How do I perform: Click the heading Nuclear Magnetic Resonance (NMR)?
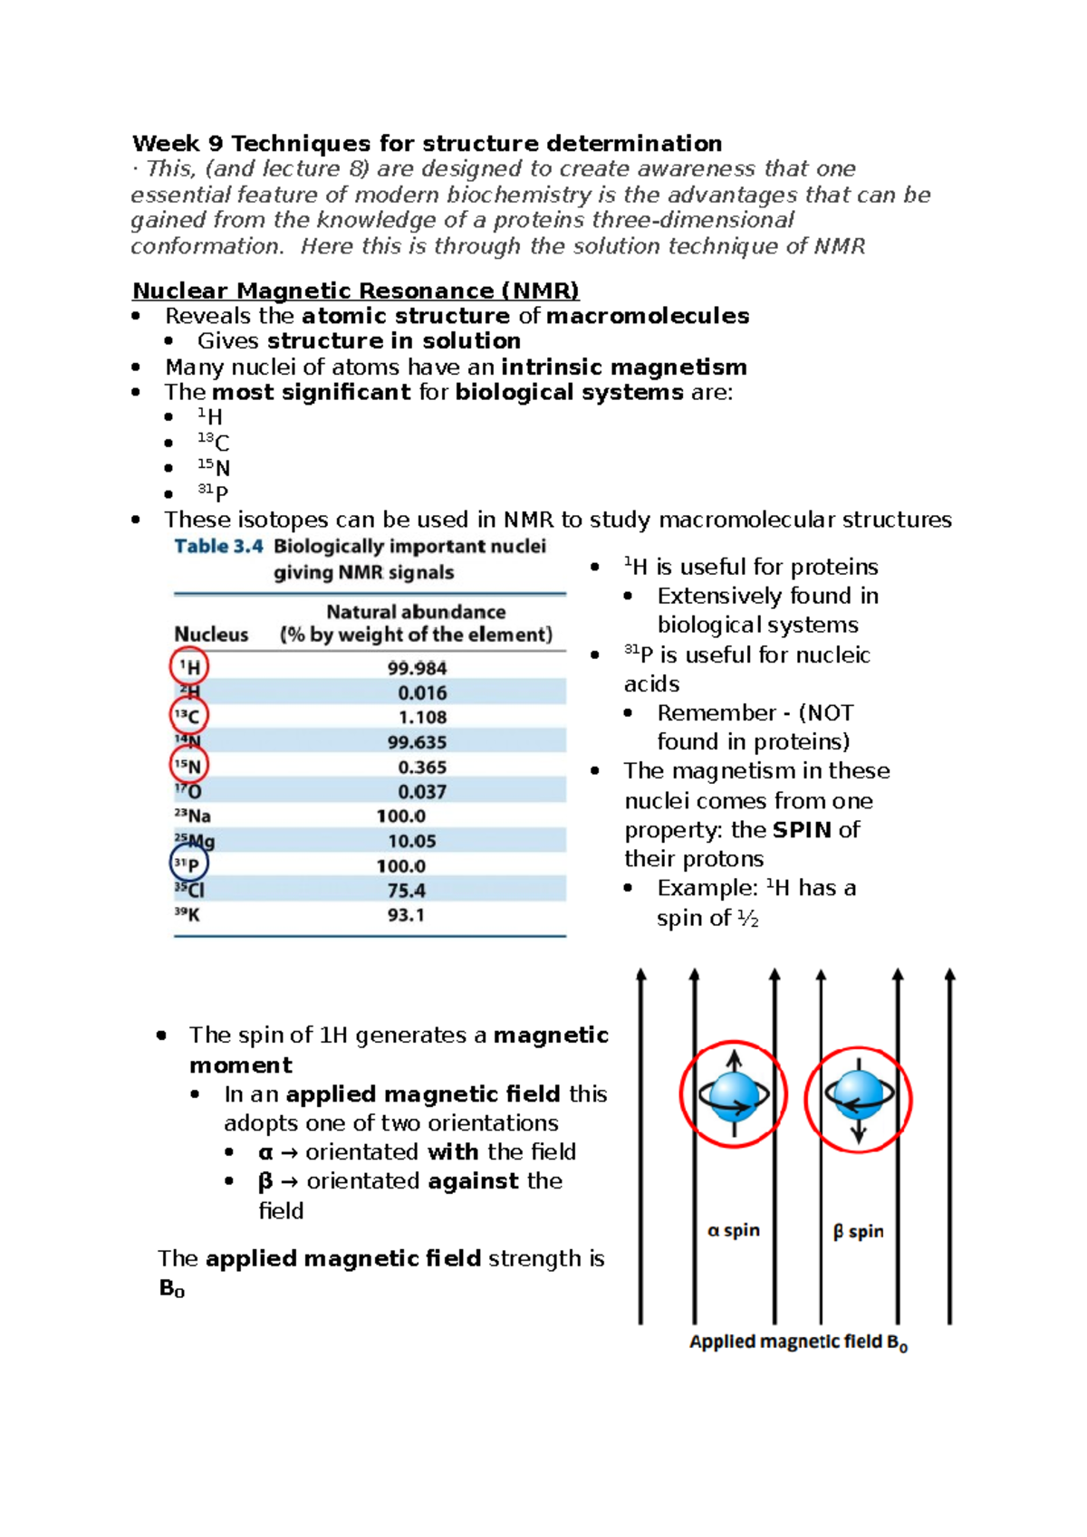coord(355,291)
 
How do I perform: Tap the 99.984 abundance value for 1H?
coord(417,668)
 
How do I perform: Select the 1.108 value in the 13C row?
coord(422,717)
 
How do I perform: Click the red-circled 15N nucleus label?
coord(189,767)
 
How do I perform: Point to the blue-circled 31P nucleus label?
coord(188,864)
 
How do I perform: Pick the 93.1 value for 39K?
coord(406,915)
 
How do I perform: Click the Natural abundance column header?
coord(416,612)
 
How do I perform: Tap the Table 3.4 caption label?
coord(218,546)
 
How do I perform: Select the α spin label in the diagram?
coord(733,1230)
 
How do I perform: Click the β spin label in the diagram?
coord(858,1231)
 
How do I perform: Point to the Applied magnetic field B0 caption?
coord(798,1342)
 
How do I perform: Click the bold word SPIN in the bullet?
coord(802,830)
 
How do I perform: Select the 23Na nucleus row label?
coord(192,816)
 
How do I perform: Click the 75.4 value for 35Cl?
coord(406,891)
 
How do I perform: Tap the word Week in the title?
coord(165,144)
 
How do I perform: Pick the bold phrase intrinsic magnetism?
coord(623,367)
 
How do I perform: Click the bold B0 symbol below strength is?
coord(171,1288)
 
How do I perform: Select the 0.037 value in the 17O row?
coord(422,792)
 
